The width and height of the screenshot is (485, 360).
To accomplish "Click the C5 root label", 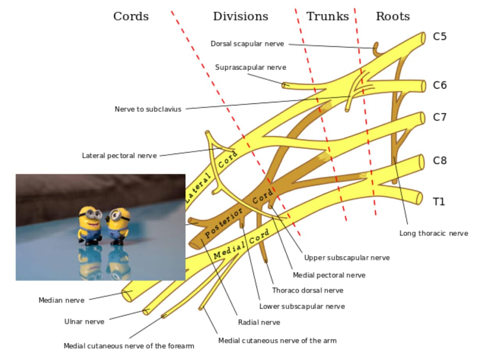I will (x=439, y=37).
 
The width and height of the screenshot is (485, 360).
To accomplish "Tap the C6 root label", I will (x=440, y=85).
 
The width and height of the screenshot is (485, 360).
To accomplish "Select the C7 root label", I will (x=440, y=117).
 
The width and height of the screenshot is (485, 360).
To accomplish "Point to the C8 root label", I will (x=440, y=160).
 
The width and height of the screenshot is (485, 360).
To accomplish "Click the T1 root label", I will (x=439, y=201).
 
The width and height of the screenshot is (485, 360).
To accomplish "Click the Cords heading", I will (x=131, y=16).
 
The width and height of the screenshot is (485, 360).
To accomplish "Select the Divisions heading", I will (x=241, y=16).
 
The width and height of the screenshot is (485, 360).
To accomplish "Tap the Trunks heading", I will (x=327, y=16).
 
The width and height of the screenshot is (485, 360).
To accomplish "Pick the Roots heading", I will (x=393, y=16).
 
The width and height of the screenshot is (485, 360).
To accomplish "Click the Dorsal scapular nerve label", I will (x=247, y=44).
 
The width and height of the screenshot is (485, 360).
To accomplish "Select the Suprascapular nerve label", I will (x=250, y=67).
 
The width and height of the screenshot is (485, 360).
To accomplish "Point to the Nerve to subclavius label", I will (x=148, y=109).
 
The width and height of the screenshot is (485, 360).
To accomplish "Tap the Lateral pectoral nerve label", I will (x=119, y=155).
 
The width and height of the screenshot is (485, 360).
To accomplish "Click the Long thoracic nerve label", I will (x=433, y=233).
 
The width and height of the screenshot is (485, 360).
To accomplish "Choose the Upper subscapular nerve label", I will (x=347, y=258).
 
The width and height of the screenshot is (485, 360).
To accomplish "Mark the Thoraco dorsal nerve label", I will (x=308, y=290).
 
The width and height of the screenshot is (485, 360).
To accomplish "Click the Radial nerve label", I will (x=259, y=322).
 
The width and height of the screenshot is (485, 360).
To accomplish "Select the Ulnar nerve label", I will (x=84, y=322).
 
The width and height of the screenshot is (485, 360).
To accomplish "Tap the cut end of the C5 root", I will (x=423, y=38).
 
